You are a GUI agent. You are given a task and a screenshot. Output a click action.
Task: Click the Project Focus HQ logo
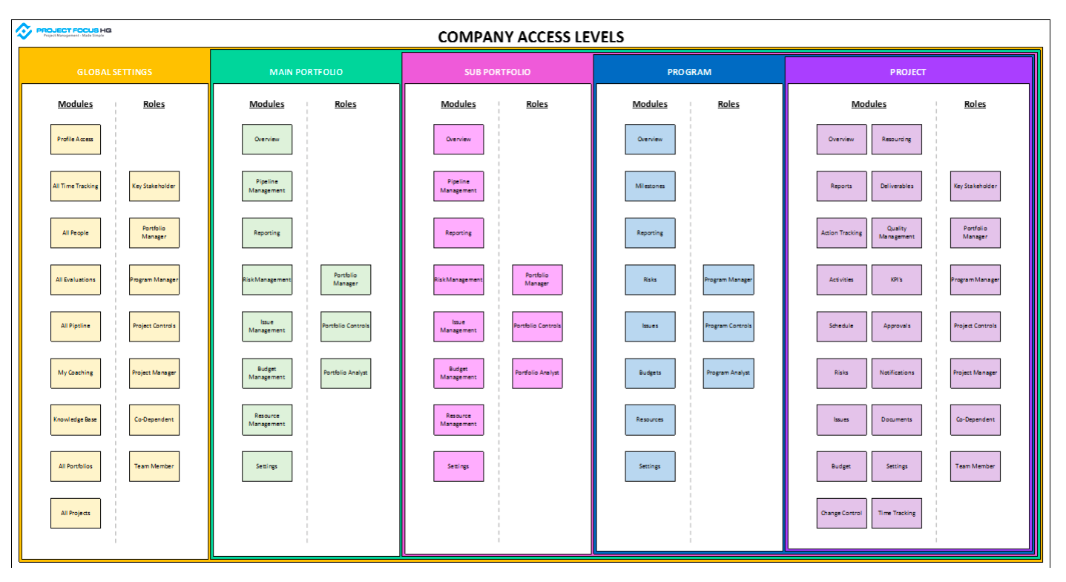pyautogui.click(x=64, y=31)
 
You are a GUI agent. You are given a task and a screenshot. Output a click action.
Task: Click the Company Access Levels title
pyautogui.click(x=530, y=36)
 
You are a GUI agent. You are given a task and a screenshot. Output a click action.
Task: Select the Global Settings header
pyautogui.click(x=114, y=72)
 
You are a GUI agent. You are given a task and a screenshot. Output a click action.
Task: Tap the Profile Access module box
pyautogui.click(x=76, y=140)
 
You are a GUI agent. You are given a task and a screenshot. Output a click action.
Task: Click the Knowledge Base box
pyautogui.click(x=76, y=419)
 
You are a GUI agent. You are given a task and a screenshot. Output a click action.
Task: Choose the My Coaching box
pyautogui.click(x=76, y=373)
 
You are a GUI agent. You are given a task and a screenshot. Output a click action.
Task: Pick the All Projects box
pyautogui.click(x=76, y=513)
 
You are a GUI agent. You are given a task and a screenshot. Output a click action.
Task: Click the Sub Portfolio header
pyautogui.click(x=497, y=72)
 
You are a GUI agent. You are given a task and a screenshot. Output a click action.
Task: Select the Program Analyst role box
pyautogui.click(x=728, y=373)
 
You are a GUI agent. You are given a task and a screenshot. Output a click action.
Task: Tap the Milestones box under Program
pyautogui.click(x=650, y=186)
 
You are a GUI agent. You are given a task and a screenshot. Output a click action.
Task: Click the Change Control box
pyautogui.click(x=841, y=513)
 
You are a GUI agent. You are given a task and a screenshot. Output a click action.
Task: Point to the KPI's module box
pyautogui.click(x=897, y=280)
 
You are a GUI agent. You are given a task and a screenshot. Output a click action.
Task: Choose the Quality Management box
pyautogui.click(x=897, y=233)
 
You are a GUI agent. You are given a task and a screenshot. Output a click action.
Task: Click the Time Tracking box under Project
pyautogui.click(x=897, y=513)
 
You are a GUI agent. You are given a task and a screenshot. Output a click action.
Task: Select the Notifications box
pyautogui.click(x=897, y=373)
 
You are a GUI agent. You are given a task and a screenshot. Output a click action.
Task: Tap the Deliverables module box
pyautogui.click(x=897, y=186)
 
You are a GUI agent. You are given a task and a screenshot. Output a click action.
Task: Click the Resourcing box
pyautogui.click(x=897, y=140)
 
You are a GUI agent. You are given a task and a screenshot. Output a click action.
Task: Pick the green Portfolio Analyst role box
pyautogui.click(x=346, y=373)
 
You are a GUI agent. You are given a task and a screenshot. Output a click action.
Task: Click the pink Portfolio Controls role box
pyautogui.click(x=537, y=326)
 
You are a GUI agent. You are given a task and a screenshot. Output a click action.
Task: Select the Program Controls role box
pyautogui.click(x=728, y=326)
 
